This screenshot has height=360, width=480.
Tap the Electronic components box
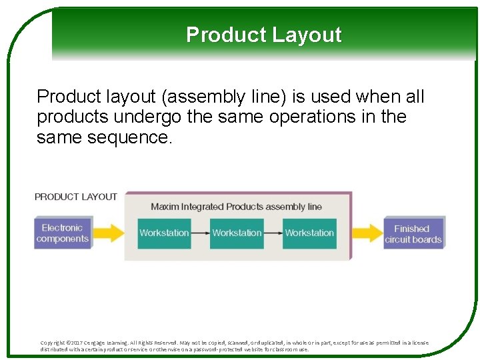coord(62,233)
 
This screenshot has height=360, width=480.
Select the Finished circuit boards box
coord(413,233)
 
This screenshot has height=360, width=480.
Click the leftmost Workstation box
coord(164,233)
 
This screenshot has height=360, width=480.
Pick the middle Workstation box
coord(237,233)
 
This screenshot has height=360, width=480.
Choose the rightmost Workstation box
coord(309,233)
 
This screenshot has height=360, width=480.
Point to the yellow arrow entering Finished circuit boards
coord(367,233)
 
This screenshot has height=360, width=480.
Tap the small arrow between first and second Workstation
coord(200,233)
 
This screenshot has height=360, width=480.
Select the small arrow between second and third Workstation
coord(273,233)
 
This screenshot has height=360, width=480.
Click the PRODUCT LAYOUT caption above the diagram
coord(75,197)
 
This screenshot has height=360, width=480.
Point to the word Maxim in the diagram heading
coord(165,207)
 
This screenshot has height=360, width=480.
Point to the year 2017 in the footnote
coord(79,343)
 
